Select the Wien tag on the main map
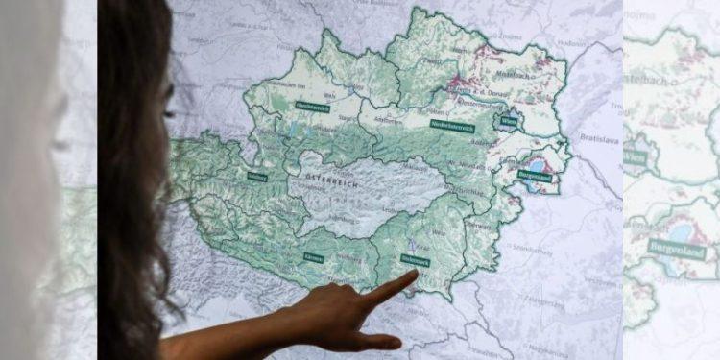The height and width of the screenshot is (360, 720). click(x=509, y=122)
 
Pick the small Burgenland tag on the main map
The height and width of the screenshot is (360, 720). click(x=534, y=176)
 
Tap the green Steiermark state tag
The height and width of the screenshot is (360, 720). click(x=413, y=260)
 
